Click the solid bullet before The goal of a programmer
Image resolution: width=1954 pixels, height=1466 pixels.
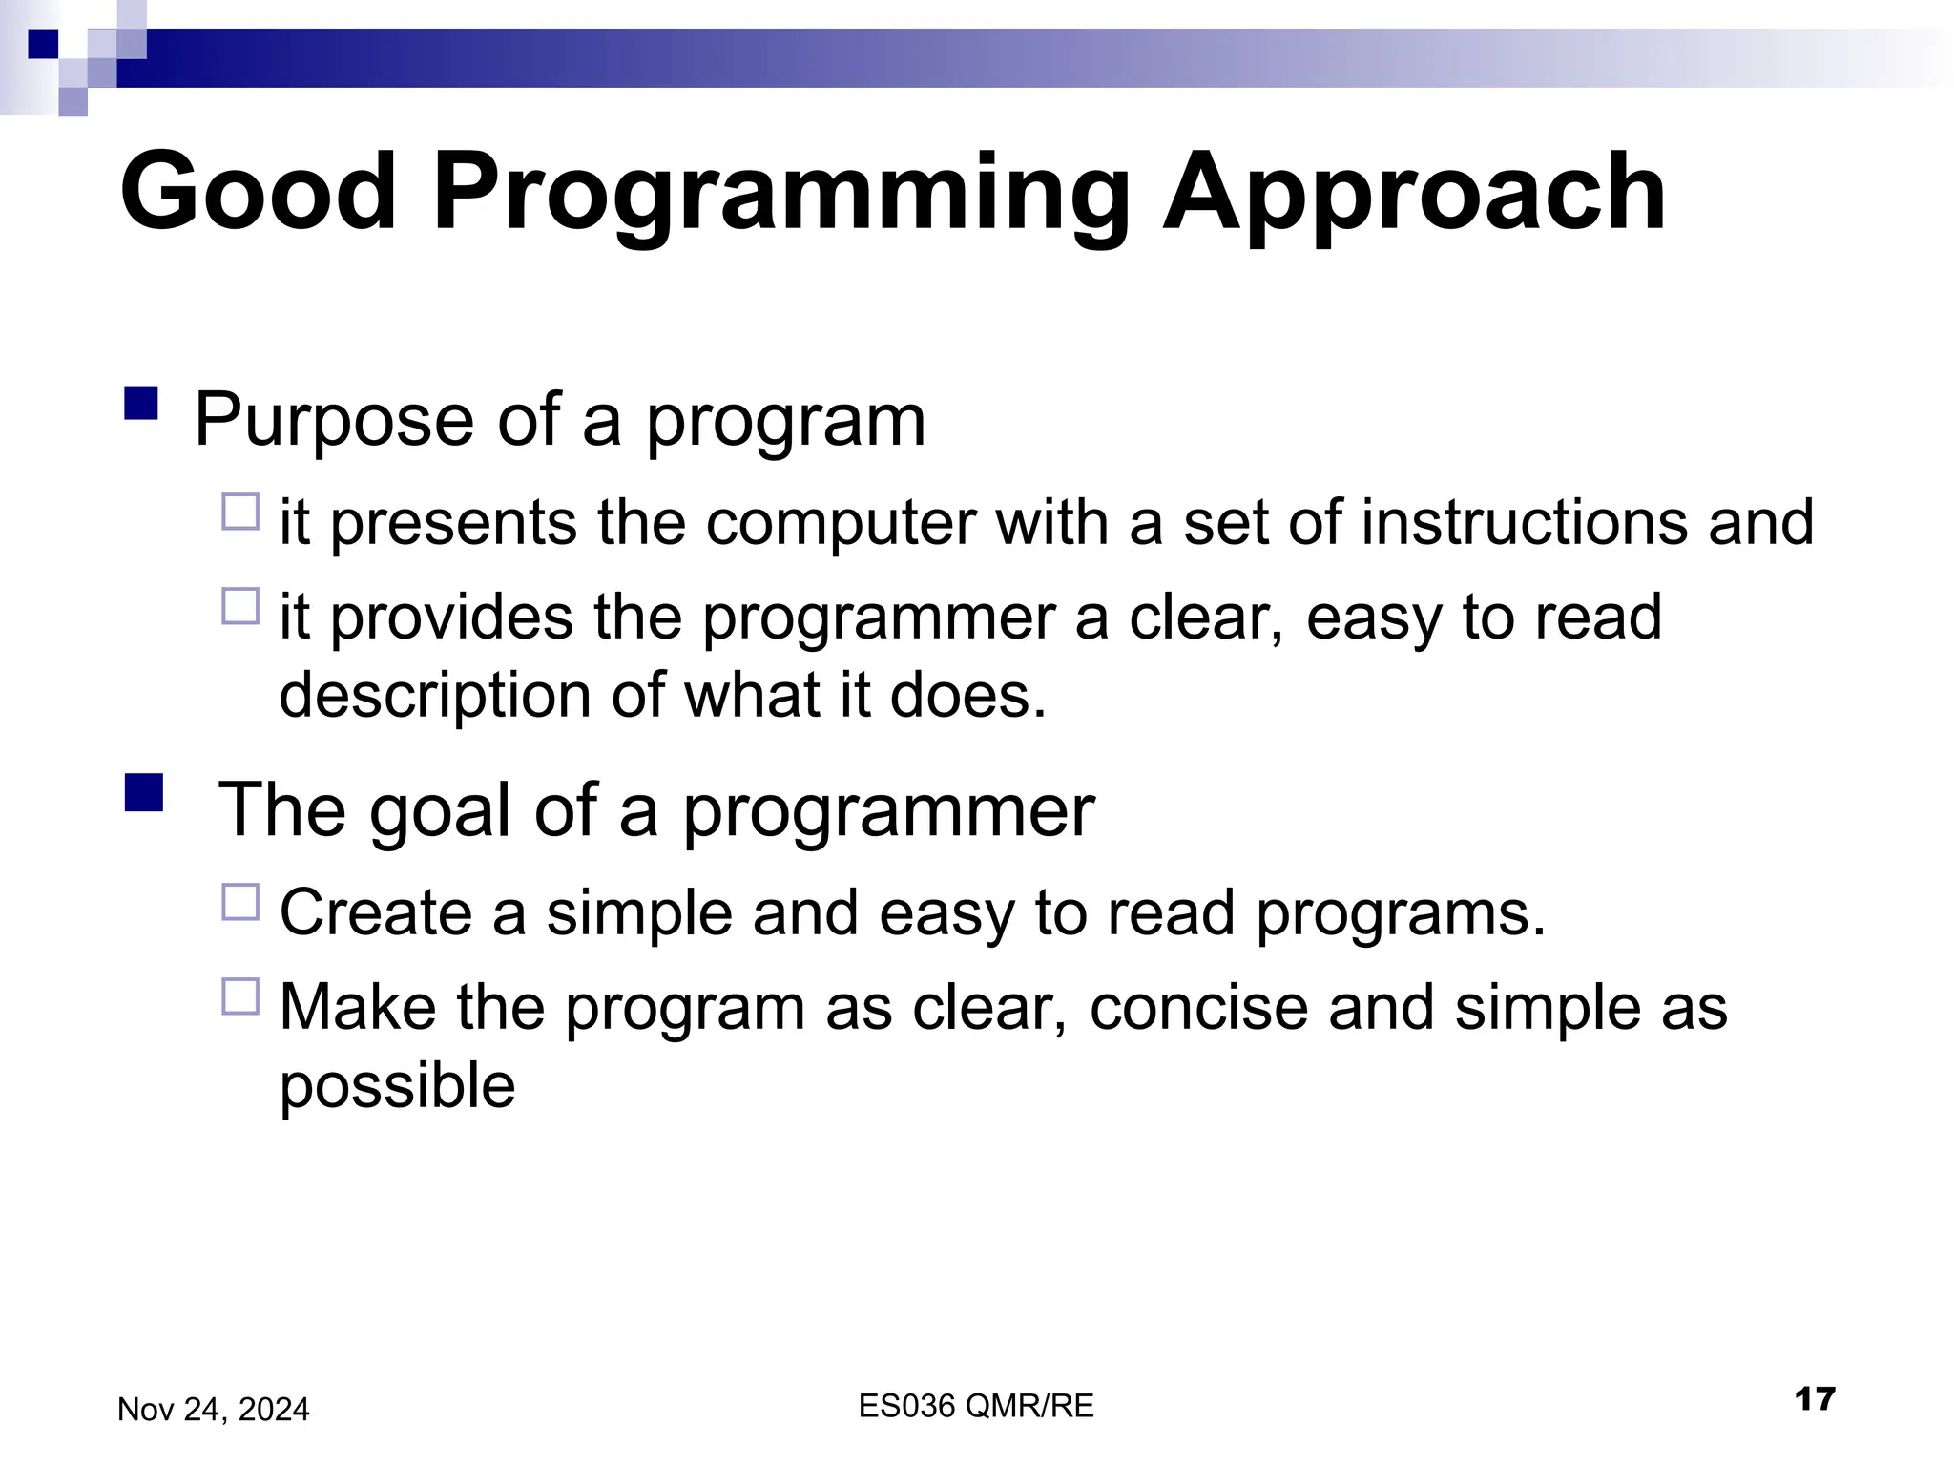[x=143, y=792]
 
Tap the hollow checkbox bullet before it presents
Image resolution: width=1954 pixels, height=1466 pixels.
[x=240, y=513]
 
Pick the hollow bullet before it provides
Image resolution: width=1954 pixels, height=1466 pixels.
[x=240, y=606]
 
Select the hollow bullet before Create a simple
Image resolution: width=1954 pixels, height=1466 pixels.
[x=240, y=902]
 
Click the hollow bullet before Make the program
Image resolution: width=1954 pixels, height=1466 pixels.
[x=240, y=996]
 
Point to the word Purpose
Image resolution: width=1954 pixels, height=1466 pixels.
[x=334, y=421]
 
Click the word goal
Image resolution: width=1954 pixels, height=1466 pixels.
[x=440, y=811]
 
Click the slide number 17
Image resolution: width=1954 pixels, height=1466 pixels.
[x=1814, y=1399]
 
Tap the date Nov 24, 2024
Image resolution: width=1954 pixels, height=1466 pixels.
[x=213, y=1410]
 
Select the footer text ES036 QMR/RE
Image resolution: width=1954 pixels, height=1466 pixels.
[x=975, y=1406]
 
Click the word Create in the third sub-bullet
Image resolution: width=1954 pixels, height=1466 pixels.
[x=376, y=913]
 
